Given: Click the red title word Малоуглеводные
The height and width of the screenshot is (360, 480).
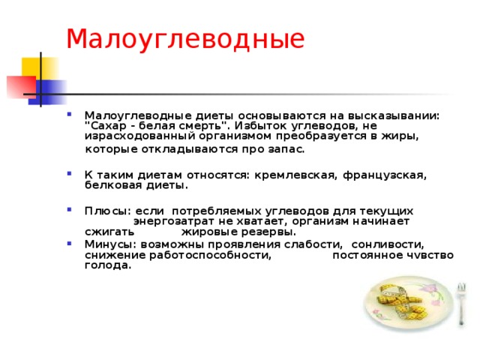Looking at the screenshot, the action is [185, 40].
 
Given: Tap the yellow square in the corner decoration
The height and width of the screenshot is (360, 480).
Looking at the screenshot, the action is [40, 69].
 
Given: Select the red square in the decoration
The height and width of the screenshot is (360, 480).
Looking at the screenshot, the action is [22, 87].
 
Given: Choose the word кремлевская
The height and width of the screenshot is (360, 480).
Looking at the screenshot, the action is [296, 175].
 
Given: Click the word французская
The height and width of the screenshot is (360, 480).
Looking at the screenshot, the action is [385, 175].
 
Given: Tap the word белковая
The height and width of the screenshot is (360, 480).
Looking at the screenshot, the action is [113, 185].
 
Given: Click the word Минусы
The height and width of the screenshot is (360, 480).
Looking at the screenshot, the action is [112, 244].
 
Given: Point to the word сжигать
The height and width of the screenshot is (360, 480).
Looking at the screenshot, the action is [109, 232].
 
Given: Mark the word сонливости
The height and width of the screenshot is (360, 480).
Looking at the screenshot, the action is [388, 244].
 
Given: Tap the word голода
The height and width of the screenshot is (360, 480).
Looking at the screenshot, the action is [108, 265].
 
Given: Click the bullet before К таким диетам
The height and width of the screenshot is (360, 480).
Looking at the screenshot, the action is [70, 173].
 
